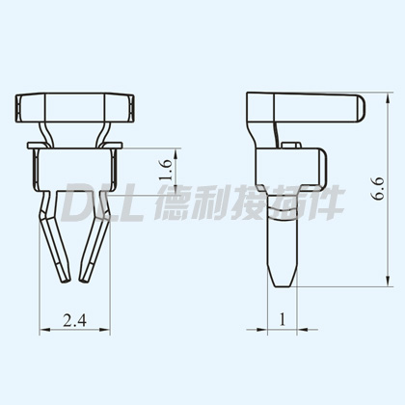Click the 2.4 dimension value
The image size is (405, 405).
coord(75,320)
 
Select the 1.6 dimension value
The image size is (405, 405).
coord(166,170)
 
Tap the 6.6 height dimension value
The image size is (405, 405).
coord(378,188)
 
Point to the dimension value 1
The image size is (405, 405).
coord(283,319)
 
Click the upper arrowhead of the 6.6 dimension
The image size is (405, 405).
coord(388,98)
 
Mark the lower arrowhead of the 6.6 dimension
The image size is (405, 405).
coord(388,281)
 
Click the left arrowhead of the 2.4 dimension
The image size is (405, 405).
coord(44,330)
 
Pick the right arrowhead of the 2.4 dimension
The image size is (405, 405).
coord(105,330)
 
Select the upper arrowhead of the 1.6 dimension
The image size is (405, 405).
coord(175,153)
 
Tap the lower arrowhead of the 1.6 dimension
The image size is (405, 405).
coord(175,190)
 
